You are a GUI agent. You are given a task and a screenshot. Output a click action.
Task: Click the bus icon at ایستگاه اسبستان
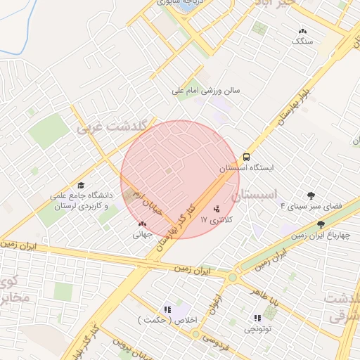pos(247,157)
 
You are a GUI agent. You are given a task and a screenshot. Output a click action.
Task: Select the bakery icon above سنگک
pos(303,31)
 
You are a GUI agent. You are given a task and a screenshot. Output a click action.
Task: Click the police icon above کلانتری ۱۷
pos(217,208)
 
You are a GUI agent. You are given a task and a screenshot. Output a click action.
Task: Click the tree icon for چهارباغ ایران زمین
pos(321,224)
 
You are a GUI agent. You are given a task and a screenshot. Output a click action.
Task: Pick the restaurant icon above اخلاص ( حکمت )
pos(167,309)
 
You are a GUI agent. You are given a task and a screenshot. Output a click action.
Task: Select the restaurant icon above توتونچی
pos(252,317)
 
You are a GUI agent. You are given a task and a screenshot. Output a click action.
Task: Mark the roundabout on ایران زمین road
pos(231,278)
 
